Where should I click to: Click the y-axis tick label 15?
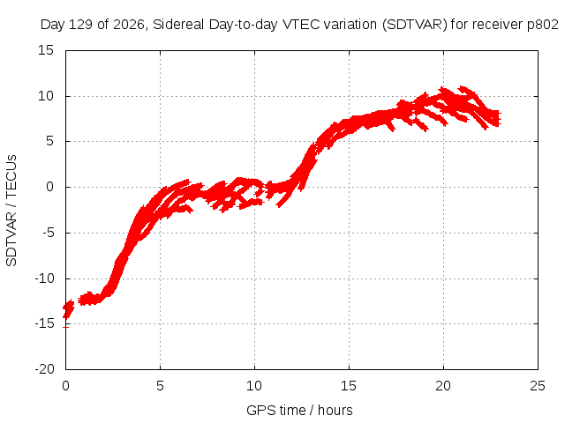tap(46, 50)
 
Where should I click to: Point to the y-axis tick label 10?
tap(46, 96)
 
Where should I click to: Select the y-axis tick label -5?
tap(48, 233)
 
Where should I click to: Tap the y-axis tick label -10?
tap(44, 278)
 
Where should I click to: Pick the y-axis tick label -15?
tap(44, 323)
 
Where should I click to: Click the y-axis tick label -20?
tap(44, 369)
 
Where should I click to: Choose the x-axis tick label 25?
tap(538, 386)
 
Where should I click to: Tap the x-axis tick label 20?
tap(443, 386)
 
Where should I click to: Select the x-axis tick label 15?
tap(349, 386)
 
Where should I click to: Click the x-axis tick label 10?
tap(254, 386)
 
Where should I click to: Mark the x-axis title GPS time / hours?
tap(299, 410)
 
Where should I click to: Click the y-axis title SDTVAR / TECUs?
tap(11, 211)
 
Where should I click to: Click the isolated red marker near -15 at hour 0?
tap(65, 327)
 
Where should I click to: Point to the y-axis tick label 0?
tap(50, 187)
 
